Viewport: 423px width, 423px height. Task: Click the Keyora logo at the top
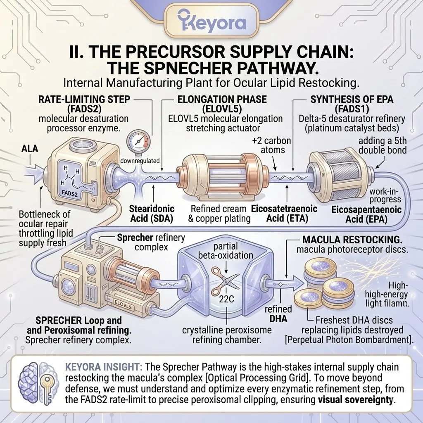[211, 23]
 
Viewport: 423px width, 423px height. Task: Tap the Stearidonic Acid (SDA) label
[152, 213]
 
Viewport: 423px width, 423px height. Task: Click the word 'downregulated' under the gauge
[140, 161]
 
